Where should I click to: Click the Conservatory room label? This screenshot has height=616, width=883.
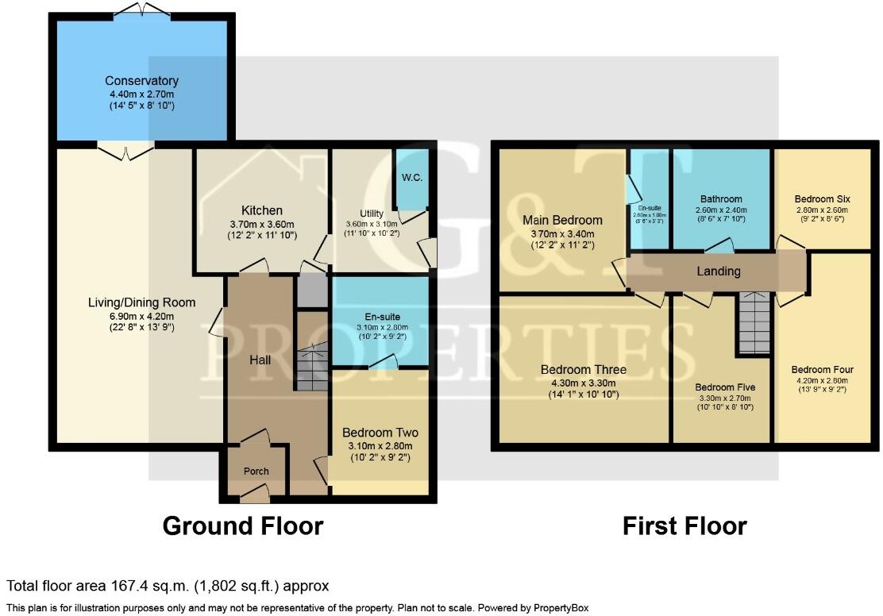pyautogui.click(x=141, y=81)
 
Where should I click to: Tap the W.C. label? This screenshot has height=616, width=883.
pyautogui.click(x=411, y=178)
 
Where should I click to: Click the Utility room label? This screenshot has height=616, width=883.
pyautogui.click(x=372, y=214)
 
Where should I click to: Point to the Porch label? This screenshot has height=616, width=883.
pyautogui.click(x=256, y=472)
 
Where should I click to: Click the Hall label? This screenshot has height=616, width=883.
pyautogui.click(x=260, y=360)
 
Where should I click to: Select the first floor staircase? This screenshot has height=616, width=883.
pyautogui.click(x=753, y=322)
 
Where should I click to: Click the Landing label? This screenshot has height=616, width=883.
pyautogui.click(x=719, y=271)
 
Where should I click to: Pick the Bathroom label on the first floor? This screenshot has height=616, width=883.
pyautogui.click(x=721, y=199)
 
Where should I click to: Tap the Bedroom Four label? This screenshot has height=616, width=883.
pyautogui.click(x=822, y=370)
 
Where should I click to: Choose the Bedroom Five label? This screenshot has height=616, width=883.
pyautogui.click(x=721, y=387)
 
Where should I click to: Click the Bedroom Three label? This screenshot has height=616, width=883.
pyautogui.click(x=584, y=370)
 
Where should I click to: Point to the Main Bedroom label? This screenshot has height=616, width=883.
pyautogui.click(x=561, y=220)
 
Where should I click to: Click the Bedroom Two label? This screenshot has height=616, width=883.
pyautogui.click(x=380, y=433)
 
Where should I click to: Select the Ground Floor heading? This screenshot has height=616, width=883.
pyautogui.click(x=243, y=526)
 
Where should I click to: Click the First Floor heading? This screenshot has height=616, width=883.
pyautogui.click(x=684, y=526)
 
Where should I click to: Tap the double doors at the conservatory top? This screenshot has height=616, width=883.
pyautogui.click(x=141, y=10)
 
